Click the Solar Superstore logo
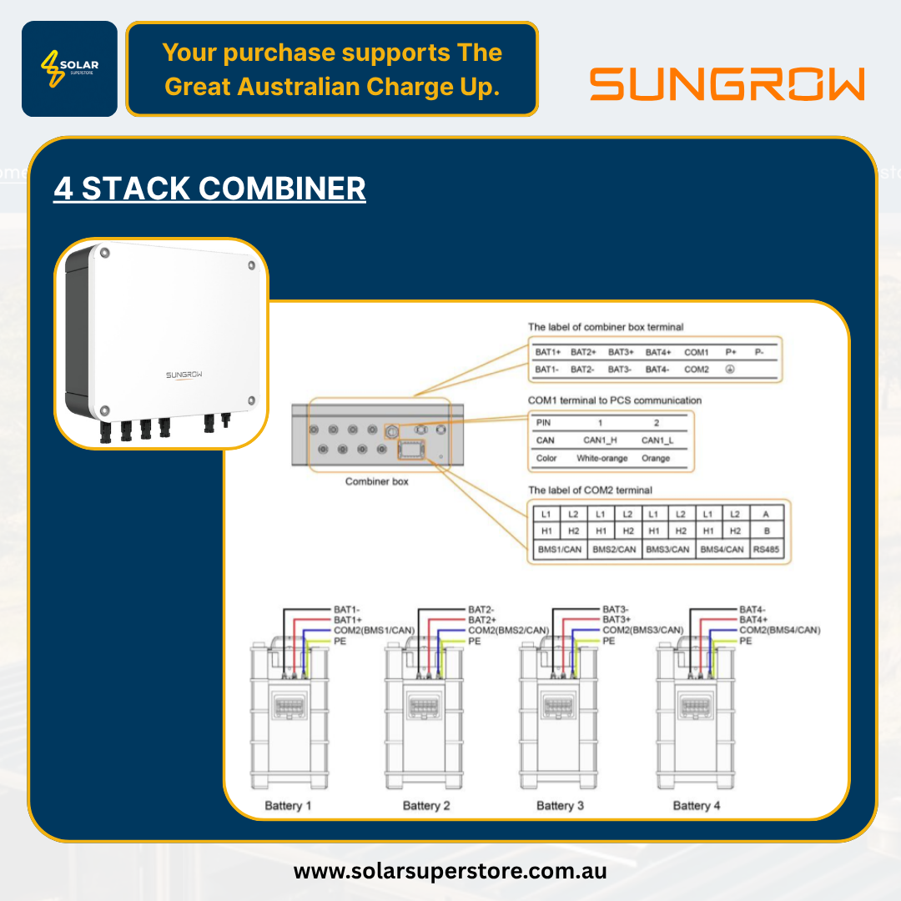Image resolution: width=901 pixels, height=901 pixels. [x=69, y=68]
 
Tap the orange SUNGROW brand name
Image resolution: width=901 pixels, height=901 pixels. [x=727, y=85]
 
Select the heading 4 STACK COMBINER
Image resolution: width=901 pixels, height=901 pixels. [x=209, y=189]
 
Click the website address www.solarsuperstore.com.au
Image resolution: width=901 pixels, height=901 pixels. [x=450, y=872]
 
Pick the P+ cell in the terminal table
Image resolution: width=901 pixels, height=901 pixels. [x=731, y=352]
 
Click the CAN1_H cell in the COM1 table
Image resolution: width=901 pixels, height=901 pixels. [x=599, y=440]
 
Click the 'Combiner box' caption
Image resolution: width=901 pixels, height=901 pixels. [x=376, y=482]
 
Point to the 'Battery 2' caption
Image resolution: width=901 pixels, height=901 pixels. [x=426, y=805]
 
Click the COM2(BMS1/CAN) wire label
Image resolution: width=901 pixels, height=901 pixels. [x=375, y=630]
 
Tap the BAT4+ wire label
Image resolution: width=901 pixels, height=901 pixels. [x=753, y=620]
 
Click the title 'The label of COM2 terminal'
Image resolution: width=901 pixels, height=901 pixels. [x=590, y=490]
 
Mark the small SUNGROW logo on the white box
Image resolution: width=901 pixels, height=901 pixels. [x=184, y=375]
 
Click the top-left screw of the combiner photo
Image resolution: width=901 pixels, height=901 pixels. [x=103, y=252]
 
